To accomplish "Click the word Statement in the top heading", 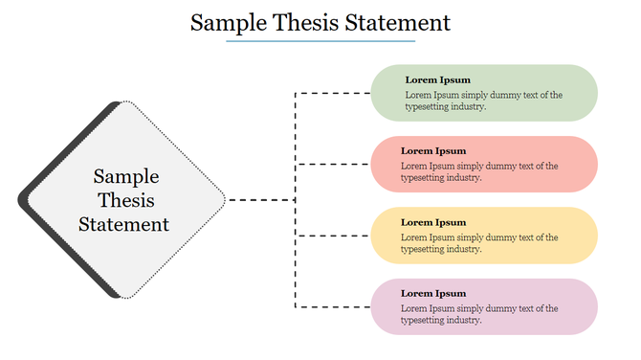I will (x=393, y=23).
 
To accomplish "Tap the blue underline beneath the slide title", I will (x=320, y=41).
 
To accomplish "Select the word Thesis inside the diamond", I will (x=126, y=201).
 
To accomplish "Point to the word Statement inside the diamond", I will (x=124, y=225).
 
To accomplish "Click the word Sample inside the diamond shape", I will (x=126, y=177).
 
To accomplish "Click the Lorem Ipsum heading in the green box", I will (x=437, y=79).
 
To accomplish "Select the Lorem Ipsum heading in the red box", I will (x=433, y=150).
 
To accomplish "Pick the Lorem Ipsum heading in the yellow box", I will (x=433, y=222).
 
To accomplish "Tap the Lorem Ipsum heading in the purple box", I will (x=433, y=293).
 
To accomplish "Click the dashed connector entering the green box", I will (x=335, y=93).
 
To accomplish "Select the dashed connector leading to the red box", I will (x=335, y=165).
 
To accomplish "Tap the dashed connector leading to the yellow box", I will (x=335, y=236).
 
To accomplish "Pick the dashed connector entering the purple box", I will (x=335, y=306).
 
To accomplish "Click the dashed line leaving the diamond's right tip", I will (x=260, y=200).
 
